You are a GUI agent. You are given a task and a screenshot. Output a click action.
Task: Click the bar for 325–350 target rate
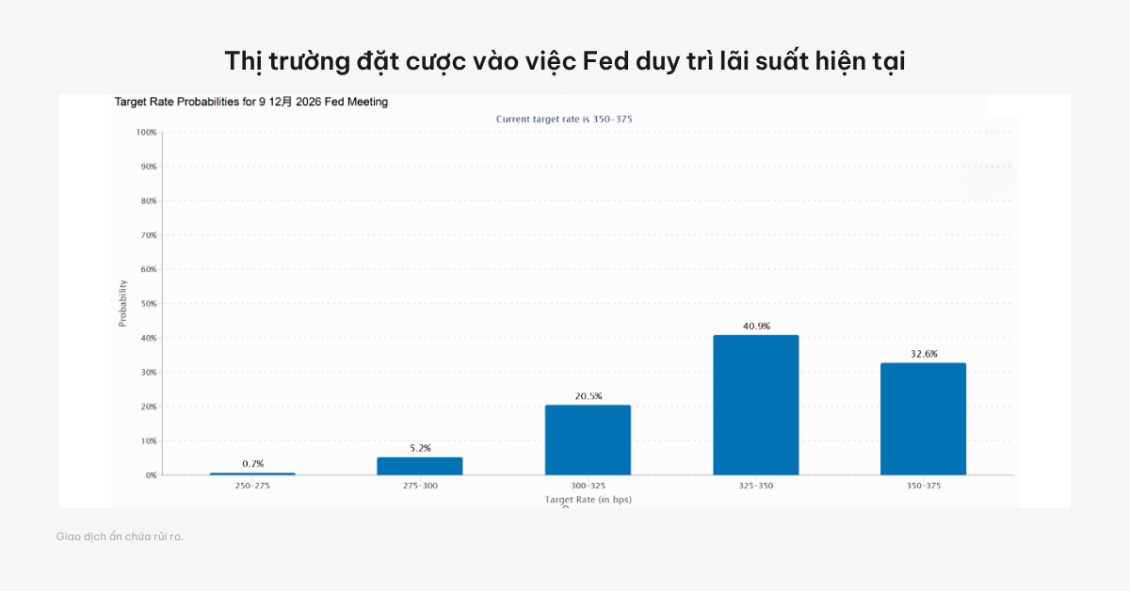coord(755,405)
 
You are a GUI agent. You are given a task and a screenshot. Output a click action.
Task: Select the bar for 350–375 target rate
coord(923,419)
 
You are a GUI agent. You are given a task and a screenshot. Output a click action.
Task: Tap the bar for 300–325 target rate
coord(588,439)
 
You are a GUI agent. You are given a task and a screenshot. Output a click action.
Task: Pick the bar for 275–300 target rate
coord(420,466)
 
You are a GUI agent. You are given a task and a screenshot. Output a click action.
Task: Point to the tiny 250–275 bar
coord(252,473)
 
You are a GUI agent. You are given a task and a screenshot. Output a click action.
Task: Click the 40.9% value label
coord(756,327)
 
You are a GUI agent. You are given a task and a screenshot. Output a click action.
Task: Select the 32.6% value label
coord(924,355)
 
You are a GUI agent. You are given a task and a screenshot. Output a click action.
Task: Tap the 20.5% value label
coord(588,396)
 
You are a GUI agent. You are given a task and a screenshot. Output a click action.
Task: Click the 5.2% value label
coord(420,448)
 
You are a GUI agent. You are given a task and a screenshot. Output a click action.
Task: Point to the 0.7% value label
coord(252,464)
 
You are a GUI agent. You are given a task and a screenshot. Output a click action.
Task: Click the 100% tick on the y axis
coord(146,133)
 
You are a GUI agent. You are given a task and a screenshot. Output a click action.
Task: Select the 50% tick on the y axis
coord(149,304)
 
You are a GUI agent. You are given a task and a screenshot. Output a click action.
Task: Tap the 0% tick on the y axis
coord(151,475)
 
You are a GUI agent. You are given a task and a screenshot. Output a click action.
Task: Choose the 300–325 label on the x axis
coord(588,486)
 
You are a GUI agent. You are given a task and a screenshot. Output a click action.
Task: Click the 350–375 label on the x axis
coord(923,486)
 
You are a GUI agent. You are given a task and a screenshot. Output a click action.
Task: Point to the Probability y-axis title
coord(122,304)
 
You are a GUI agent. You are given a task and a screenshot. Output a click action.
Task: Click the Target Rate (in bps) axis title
coord(588,499)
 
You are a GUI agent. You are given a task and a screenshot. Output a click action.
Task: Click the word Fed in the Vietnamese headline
coord(606,61)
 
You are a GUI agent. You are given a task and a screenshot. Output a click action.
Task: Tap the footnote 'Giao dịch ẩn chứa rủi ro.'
coord(120,536)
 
